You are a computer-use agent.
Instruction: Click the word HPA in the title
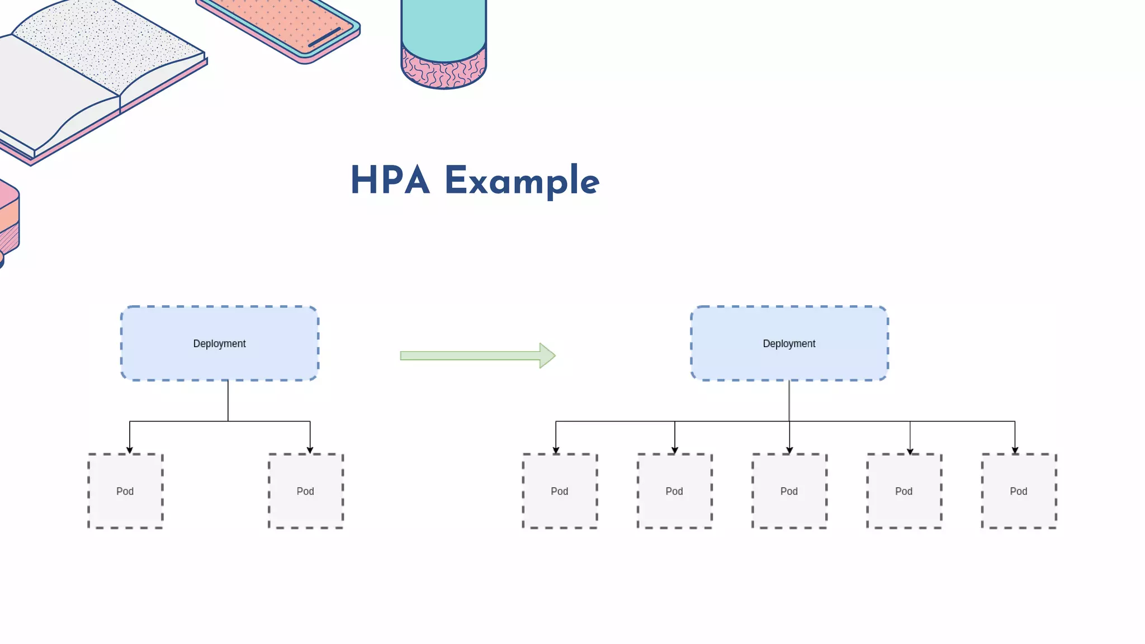tap(390, 181)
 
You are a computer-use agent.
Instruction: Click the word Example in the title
tap(522, 182)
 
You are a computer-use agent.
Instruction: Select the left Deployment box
tap(219, 343)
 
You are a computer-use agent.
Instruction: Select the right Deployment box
tap(789, 343)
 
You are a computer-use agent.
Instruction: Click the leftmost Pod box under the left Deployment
tap(125, 491)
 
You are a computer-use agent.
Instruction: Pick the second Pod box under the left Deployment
tap(305, 491)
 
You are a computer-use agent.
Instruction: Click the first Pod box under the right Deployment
tap(560, 491)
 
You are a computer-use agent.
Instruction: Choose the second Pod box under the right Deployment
tap(674, 491)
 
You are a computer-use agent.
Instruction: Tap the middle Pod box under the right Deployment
tap(789, 491)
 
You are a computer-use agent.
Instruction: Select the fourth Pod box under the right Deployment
tap(904, 491)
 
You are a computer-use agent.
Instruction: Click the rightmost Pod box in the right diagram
tap(1019, 491)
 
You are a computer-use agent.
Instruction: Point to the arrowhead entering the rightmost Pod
tap(1015, 450)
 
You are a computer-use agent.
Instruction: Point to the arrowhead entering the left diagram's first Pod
tap(130, 450)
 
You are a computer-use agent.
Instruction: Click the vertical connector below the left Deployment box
tap(228, 400)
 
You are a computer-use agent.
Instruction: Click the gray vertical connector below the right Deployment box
tap(789, 400)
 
